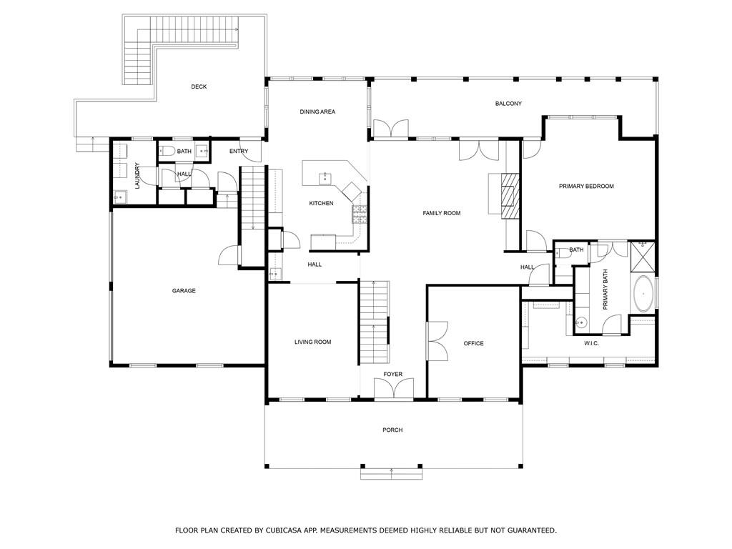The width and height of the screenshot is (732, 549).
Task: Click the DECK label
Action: point(199,86)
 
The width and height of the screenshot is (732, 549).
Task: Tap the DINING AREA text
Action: point(317,112)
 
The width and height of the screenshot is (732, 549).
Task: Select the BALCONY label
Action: point(508,104)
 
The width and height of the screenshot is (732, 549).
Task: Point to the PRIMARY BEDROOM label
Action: point(586,187)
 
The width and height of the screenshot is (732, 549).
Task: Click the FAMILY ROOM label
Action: point(442,213)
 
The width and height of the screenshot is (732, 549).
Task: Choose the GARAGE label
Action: point(184,291)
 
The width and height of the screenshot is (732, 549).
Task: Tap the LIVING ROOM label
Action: point(313,342)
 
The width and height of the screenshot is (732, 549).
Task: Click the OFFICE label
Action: point(473,344)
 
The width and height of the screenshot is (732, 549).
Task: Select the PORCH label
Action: point(392,430)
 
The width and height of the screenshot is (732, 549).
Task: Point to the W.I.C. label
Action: point(591,344)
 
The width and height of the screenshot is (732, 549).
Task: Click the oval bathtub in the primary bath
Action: point(643,294)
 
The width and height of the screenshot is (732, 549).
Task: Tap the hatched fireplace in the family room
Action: point(510,196)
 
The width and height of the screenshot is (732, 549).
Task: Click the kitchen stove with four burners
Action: point(360,214)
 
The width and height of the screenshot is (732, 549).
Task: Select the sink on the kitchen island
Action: point(325,177)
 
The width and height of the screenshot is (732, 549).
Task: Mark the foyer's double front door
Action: point(394,388)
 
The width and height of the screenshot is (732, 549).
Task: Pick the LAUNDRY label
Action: point(137,176)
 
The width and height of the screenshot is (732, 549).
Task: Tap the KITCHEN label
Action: point(321,204)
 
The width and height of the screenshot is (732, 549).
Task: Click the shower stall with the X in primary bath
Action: point(643,257)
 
